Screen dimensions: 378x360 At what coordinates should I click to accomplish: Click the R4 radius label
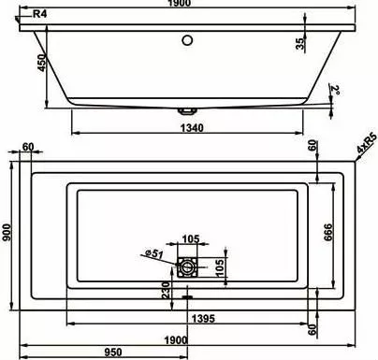pyautogui.click(x=39, y=14)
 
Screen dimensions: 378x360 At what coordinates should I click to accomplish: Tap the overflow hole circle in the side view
pyautogui.click(x=187, y=40)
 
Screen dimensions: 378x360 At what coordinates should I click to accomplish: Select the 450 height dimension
pyautogui.click(x=42, y=63)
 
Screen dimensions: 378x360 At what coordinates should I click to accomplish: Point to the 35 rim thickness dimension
pyautogui.click(x=300, y=44)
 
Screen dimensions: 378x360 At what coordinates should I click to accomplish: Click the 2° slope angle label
pyautogui.click(x=336, y=90)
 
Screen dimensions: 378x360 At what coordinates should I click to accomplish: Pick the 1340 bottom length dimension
pyautogui.click(x=192, y=128)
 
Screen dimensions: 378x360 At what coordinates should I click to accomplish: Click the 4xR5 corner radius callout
pyautogui.click(x=367, y=143)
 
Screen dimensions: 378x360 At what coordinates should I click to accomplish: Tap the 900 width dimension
pyautogui.click(x=7, y=232)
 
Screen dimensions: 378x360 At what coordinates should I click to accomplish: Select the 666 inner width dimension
pyautogui.click(x=328, y=232)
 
